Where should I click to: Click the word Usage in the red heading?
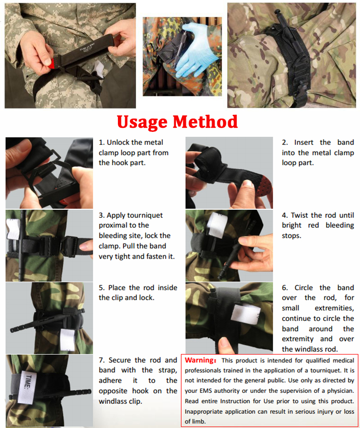pyautogui.click(x=142, y=122)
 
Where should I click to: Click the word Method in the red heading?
pyautogui.click(x=205, y=122)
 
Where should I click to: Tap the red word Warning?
pyautogui.click(x=200, y=360)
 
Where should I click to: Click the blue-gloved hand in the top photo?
pyautogui.click(x=194, y=49)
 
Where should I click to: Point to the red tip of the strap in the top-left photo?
pyautogui.click(x=51, y=64)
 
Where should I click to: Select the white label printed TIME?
pyautogui.click(x=27, y=387)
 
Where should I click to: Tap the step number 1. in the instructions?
pyautogui.click(x=102, y=143)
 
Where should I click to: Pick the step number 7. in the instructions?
pyautogui.click(x=102, y=360)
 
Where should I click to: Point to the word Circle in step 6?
pyautogui.click(x=303, y=288)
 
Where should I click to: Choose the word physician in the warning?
pyautogui.click(x=340, y=391)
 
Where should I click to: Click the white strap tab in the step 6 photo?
pyautogui.click(x=245, y=313)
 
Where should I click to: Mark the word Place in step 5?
pyautogui.click(x=117, y=288)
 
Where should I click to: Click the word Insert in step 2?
pyautogui.click(x=303, y=143)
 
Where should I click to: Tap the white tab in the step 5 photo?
pyautogui.click(x=67, y=340)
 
